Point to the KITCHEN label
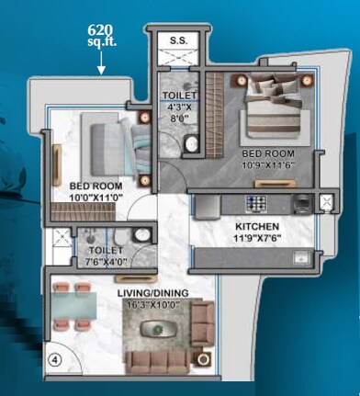click(x=256, y=225)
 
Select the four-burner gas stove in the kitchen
click(x=256, y=202)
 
